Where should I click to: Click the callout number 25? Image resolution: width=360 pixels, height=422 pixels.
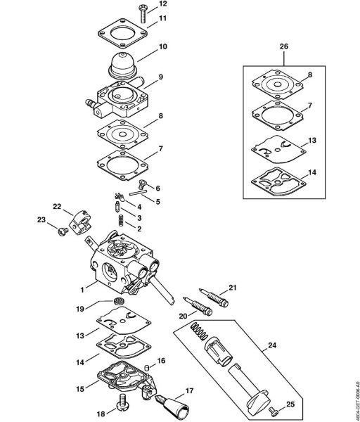292,405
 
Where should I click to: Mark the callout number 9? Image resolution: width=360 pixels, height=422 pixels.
161,77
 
